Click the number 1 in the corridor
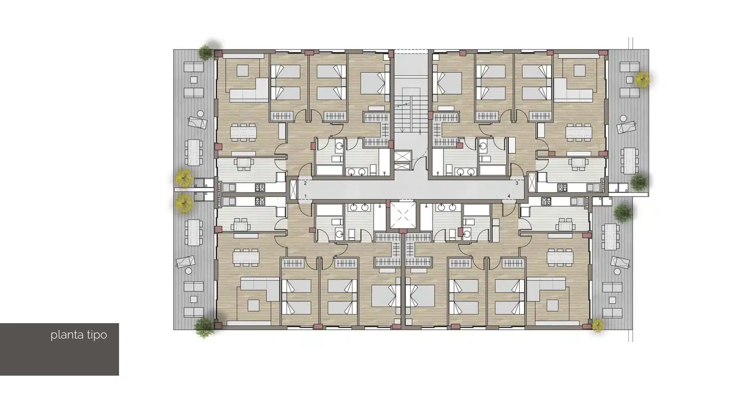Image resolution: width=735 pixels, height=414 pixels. pyautogui.click(x=305, y=196)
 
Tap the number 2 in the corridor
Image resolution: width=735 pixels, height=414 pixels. pyautogui.click(x=305, y=183)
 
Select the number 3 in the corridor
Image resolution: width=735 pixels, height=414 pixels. pyautogui.click(x=517, y=183)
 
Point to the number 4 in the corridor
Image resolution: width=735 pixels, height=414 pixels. pyautogui.click(x=509, y=196)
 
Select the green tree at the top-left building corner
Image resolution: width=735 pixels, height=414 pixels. pyautogui.click(x=206, y=53)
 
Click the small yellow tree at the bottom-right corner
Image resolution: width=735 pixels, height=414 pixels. pyautogui.click(x=598, y=326)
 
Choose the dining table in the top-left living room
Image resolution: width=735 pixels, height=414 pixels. pyautogui.click(x=243, y=133)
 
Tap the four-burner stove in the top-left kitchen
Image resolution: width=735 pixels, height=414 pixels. pyautogui.click(x=260, y=187)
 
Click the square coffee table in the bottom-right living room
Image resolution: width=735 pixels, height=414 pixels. pyautogui.click(x=552, y=306)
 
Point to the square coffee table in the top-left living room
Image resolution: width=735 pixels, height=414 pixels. pyautogui.click(x=242, y=71)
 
